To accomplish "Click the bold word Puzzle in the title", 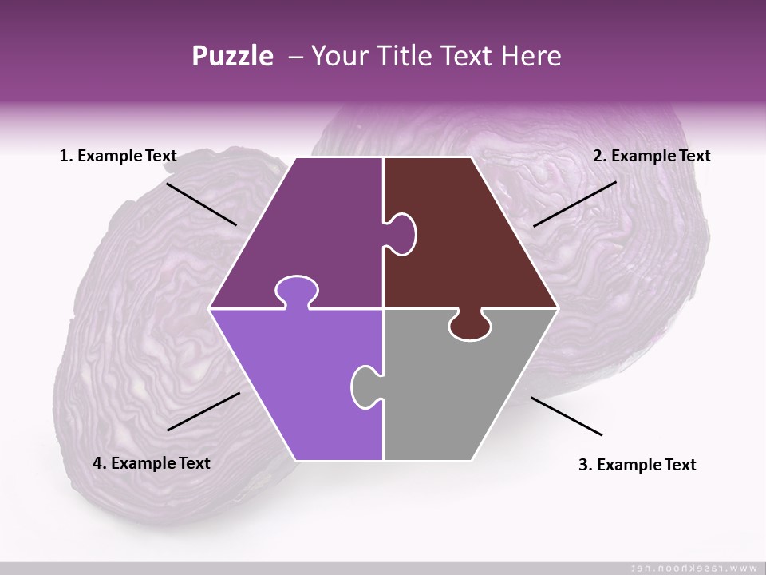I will click(x=232, y=56).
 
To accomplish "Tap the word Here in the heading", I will click(x=531, y=56).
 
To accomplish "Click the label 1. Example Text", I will click(x=118, y=156).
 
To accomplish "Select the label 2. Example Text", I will click(x=651, y=156).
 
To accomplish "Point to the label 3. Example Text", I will click(x=637, y=465).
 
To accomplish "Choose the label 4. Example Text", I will click(x=152, y=463).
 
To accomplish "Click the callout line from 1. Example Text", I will click(x=201, y=204).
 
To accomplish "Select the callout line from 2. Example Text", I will click(x=574, y=204).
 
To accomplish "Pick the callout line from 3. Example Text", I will click(x=567, y=416).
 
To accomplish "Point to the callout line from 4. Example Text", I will click(x=203, y=411).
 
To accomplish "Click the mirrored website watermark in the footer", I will click(x=693, y=568).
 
